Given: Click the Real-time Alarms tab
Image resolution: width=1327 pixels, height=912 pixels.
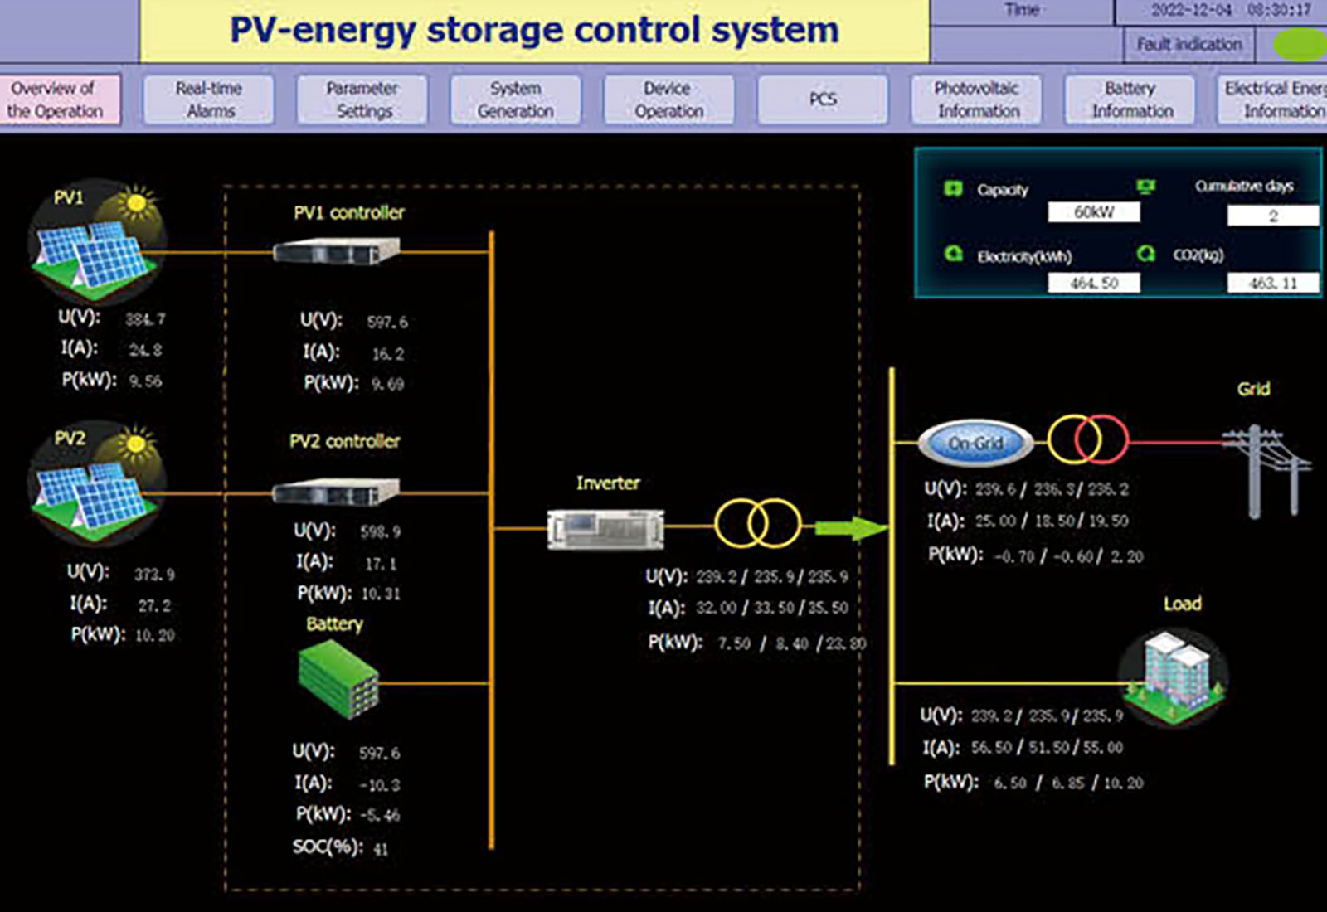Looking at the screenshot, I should pos(209,99).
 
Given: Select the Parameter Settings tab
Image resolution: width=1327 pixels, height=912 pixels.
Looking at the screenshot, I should pos(362,99).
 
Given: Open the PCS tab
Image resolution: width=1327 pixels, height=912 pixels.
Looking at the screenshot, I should pos(823,99).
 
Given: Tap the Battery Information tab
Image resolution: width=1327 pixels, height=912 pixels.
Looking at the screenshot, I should pos(1130,99).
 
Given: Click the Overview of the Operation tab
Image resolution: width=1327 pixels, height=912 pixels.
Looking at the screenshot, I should pos(56,99).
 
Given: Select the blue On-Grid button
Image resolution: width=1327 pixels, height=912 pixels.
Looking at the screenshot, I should pos(976,444).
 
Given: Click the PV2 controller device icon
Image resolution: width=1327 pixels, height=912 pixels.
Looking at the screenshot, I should pos(336,492).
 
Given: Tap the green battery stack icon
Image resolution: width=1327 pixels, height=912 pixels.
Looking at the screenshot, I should pos(338,679).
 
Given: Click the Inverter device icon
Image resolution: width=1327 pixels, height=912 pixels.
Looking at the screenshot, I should pos(605,528).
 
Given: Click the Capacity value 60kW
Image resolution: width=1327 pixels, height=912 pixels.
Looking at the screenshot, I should pos(1093,212).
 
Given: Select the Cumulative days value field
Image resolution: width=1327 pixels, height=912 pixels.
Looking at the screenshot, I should pos(1272,216).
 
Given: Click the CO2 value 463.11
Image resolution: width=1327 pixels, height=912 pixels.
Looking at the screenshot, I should pos(1272,284).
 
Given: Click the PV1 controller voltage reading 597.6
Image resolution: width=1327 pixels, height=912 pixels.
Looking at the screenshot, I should pos(387,323).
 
